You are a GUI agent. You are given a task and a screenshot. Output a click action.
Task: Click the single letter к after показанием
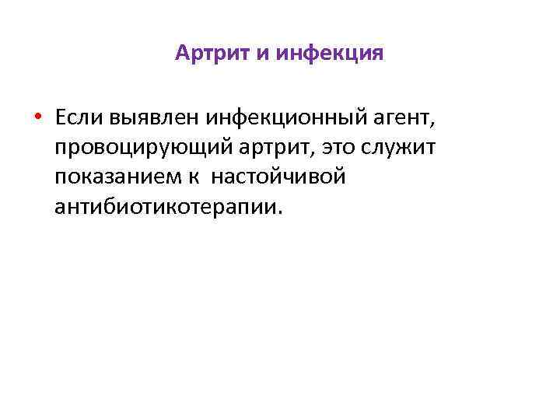pyautogui.click(x=193, y=177)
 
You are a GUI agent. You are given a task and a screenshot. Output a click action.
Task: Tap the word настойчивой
pyautogui.click(x=278, y=177)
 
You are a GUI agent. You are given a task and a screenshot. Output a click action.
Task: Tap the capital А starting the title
pyautogui.click(x=182, y=53)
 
